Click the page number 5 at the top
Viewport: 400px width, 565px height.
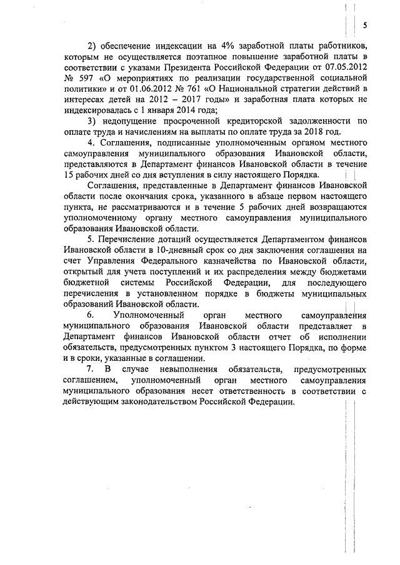(364, 25)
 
